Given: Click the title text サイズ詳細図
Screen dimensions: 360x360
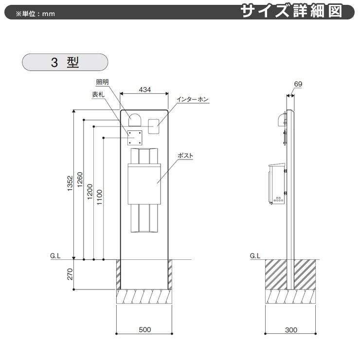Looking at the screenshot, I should tap(298, 11).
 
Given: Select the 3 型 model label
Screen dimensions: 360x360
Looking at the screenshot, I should tap(64, 63).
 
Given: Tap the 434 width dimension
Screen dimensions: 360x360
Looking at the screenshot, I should tap(144, 89).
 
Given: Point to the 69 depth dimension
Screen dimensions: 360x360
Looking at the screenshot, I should tap(298, 84).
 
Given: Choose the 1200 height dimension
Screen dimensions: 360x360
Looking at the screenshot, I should tap(90, 191).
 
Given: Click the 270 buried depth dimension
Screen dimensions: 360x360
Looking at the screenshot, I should tap(70, 274).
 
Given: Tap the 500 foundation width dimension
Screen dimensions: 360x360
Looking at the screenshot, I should tap(144, 329).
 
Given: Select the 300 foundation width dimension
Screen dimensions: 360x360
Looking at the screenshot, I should tap(291, 329).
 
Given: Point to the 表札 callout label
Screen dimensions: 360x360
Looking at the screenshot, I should tap(99, 95).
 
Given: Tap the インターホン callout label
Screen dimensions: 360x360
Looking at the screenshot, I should tap(192, 99).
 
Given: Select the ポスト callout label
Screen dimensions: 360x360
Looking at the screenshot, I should tap(185, 156).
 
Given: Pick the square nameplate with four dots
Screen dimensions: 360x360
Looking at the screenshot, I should tap(135, 138).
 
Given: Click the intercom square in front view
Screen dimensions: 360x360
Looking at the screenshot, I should tap(154, 126).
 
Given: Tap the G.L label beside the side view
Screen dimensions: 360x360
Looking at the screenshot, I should tap(255, 255).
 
